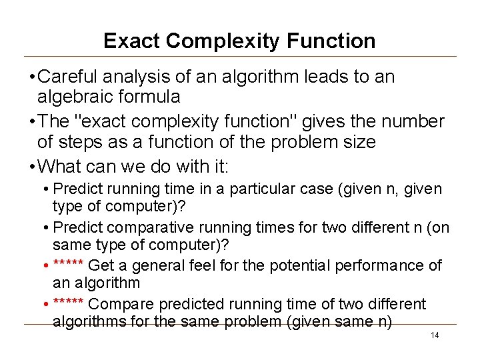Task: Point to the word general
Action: click(163, 265)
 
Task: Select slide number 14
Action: click(435, 335)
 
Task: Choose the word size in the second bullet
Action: click(361, 141)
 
